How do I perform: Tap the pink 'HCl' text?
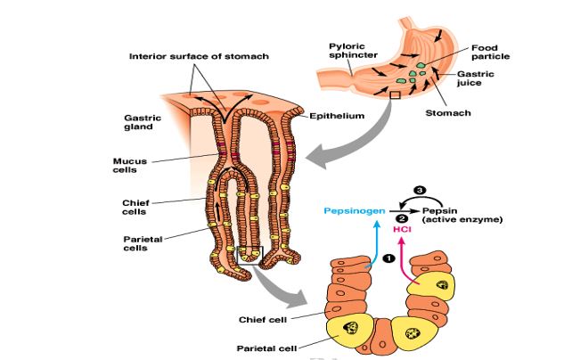tap(403, 229)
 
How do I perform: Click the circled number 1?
tap(388, 260)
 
